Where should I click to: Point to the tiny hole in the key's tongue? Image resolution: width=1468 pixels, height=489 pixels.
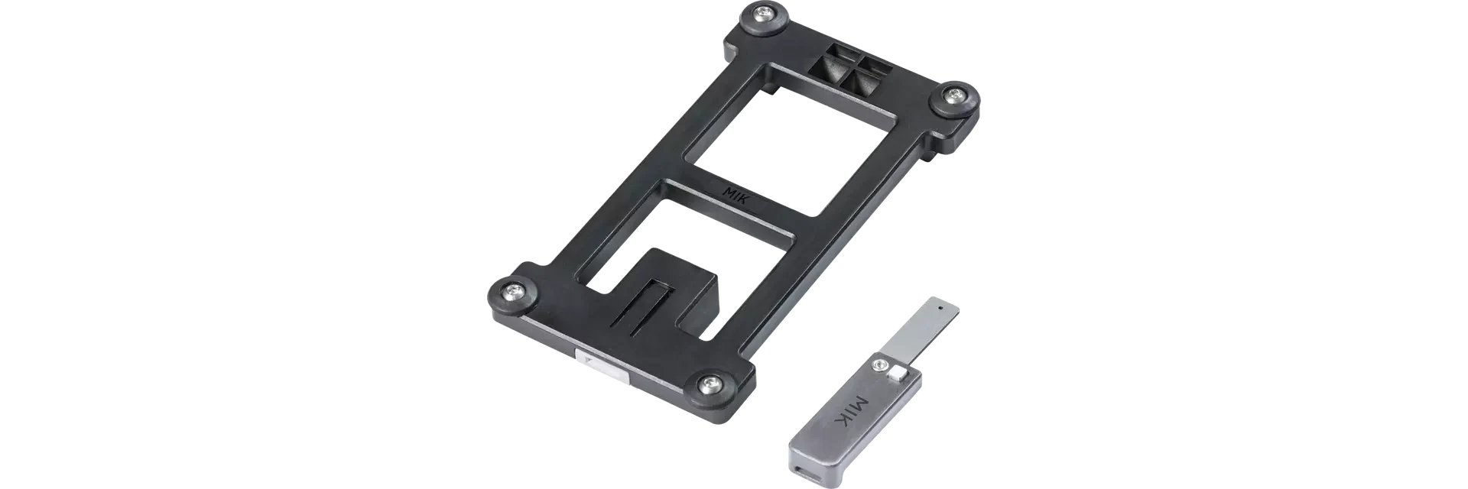click(940, 309)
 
